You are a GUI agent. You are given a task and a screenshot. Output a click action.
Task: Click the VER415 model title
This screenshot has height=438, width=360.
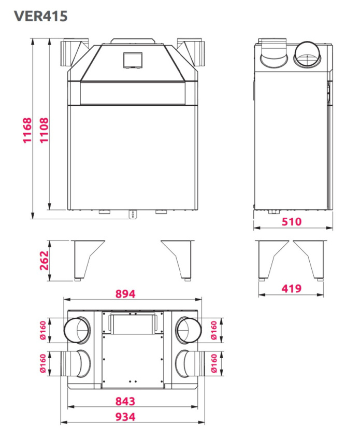coord(41,16)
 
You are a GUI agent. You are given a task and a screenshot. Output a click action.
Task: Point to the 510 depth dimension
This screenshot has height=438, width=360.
coord(292,222)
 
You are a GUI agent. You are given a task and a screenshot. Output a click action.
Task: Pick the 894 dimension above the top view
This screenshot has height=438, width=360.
coord(125,294)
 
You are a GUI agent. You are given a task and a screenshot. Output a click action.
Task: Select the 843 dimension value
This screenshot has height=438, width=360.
coord(125,401)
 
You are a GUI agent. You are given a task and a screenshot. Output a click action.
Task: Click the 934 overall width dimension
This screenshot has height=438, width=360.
coord(125,417)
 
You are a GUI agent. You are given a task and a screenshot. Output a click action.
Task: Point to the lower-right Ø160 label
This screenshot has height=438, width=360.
coord(213,363)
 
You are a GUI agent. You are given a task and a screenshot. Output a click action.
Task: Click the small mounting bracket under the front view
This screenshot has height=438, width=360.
coord(134,214)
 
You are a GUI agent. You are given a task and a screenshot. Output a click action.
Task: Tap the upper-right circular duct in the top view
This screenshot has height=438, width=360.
coord(188,330)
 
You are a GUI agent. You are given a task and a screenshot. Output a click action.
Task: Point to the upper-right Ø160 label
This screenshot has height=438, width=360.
coord(213,330)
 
